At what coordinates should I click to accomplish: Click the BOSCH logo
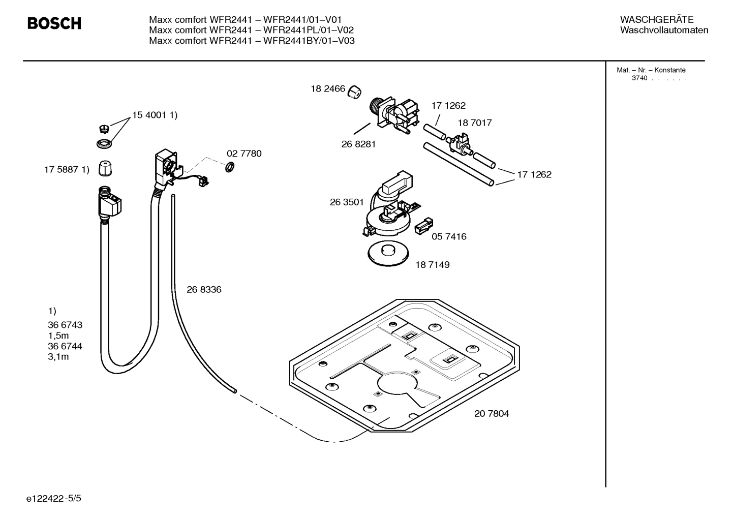click(54, 23)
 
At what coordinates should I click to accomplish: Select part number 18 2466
click(328, 89)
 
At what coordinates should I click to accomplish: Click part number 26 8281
click(358, 144)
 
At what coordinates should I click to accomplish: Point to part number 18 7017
click(474, 123)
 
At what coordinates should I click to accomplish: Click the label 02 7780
click(244, 154)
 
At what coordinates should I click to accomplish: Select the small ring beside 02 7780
click(229, 167)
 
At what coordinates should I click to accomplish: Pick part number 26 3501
click(347, 202)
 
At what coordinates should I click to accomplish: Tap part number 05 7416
click(449, 236)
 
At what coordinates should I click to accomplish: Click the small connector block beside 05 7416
click(424, 226)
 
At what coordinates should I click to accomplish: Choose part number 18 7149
click(432, 265)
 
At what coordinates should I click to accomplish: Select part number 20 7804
click(491, 414)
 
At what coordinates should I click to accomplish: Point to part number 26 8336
click(204, 290)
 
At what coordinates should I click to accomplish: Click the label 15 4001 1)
click(155, 115)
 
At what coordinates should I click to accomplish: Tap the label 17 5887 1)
click(67, 170)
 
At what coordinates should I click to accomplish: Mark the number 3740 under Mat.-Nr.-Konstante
click(639, 78)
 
